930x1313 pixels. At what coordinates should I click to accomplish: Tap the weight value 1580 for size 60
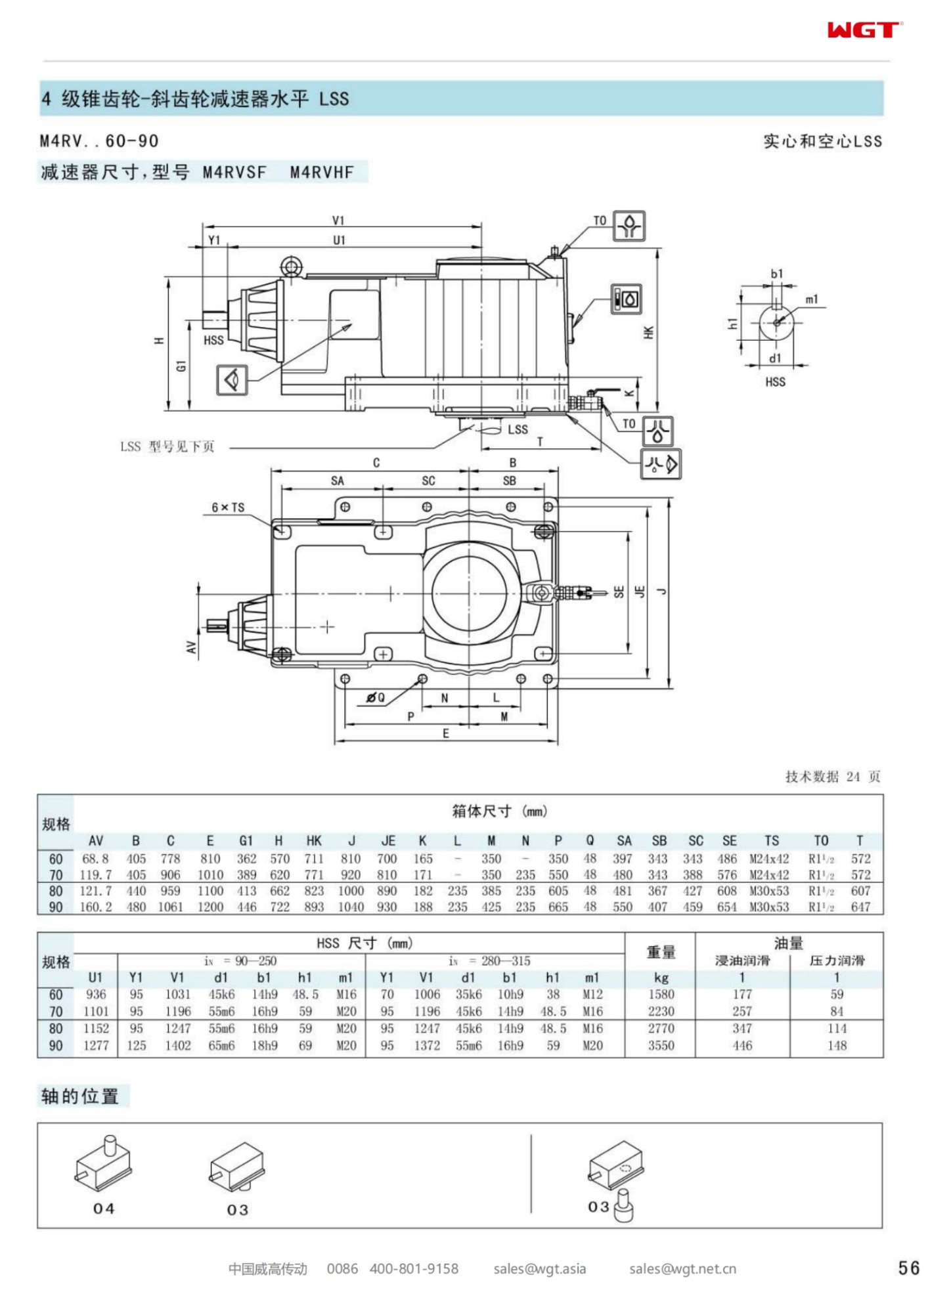coord(661,995)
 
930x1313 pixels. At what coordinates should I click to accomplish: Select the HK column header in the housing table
coord(314,841)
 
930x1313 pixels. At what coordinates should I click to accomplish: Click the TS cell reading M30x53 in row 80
coord(769,891)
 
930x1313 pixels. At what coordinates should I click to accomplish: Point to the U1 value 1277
coord(96,1045)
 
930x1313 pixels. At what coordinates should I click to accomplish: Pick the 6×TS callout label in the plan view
coord(228,507)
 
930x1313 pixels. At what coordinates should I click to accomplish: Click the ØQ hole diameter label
coord(376,698)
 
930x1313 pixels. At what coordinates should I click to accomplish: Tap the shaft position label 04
coord(104,1209)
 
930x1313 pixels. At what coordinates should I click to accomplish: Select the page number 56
coord(908,1268)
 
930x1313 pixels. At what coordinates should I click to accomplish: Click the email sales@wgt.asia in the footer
coord(539,1269)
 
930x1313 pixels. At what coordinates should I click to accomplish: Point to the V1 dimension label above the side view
coord(338,221)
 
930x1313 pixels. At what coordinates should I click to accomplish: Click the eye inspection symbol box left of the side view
coord(232,379)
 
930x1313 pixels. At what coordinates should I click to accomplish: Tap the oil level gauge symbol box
coord(627,299)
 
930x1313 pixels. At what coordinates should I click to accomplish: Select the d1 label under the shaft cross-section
coord(775,358)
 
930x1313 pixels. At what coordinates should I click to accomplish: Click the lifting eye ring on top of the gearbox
coord(290,266)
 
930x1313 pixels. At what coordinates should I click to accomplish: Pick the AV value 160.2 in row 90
coord(96,907)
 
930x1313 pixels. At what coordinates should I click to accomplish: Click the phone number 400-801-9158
coord(414,1269)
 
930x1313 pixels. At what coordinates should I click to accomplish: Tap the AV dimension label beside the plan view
coord(191,647)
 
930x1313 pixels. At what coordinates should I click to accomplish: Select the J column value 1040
coord(351,907)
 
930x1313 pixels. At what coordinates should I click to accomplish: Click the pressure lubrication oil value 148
coord(837,1045)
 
